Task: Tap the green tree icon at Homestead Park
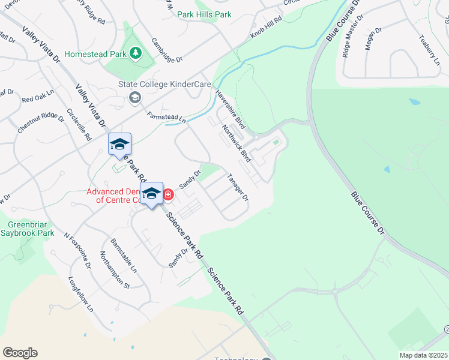point(136,54)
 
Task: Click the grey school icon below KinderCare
point(135,97)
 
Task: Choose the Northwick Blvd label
point(236,143)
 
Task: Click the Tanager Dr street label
point(238,187)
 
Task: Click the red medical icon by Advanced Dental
point(168,194)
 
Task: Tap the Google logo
point(20,353)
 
